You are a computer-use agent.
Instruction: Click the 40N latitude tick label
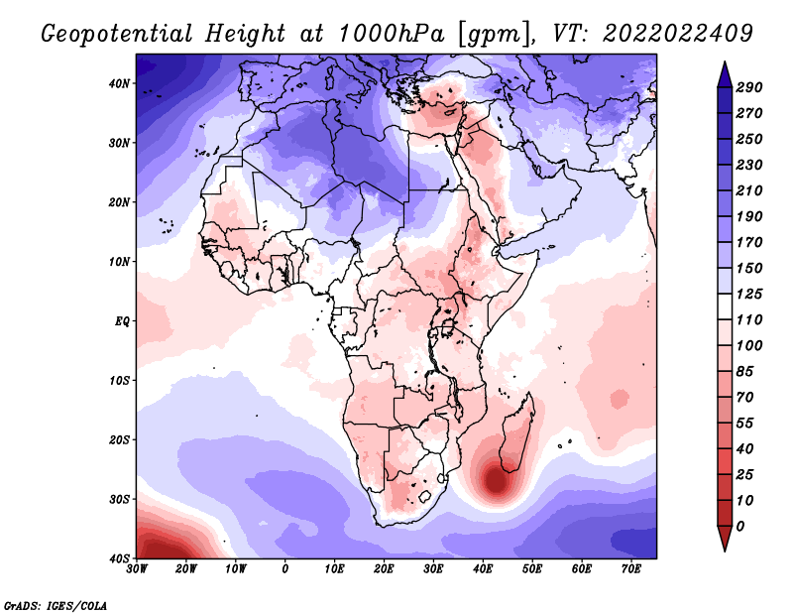coord(120,83)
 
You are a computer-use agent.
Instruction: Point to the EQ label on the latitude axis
coord(122,321)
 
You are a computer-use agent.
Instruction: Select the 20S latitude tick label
coord(120,439)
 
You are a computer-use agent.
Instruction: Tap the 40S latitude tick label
coord(120,558)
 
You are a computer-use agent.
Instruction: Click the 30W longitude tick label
coord(137,569)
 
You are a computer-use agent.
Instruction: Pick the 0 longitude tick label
coord(285,569)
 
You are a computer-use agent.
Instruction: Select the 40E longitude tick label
coord(483,569)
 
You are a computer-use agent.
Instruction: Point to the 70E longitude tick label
coord(631,569)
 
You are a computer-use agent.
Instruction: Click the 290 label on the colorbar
coord(749,87)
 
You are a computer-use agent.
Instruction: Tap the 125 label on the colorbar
coord(749,294)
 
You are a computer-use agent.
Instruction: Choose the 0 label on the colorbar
coord(740,527)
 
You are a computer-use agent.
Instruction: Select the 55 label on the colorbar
coord(744,424)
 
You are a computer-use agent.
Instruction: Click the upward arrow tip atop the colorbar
coord(725,62)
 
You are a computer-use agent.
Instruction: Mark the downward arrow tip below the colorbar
coord(725,551)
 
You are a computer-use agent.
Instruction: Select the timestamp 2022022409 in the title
coord(678,34)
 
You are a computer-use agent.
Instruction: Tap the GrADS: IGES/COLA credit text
coord(56,605)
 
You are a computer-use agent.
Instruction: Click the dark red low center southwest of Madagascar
coord(497,481)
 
